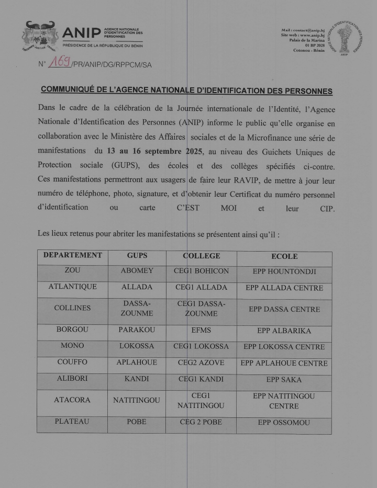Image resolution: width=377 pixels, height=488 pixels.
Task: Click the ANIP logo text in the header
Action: [x=82, y=33]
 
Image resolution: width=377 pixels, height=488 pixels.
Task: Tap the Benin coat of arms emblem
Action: [x=40, y=36]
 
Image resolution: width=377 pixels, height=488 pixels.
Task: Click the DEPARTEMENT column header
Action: [x=72, y=256]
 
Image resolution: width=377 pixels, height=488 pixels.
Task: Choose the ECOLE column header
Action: [x=284, y=256]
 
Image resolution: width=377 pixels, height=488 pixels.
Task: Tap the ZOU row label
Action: [x=72, y=271]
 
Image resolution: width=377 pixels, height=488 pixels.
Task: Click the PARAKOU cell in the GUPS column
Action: [x=137, y=331]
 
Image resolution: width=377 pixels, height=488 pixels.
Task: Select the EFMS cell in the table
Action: [x=202, y=331]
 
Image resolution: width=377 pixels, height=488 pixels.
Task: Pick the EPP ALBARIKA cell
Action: [x=284, y=331]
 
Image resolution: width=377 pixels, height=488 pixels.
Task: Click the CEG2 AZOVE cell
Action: [x=202, y=362]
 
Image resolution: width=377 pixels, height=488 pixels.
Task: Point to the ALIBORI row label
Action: [x=72, y=379]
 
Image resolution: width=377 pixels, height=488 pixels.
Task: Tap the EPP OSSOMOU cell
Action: [x=284, y=422]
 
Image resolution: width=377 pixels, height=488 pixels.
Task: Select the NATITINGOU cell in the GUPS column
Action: [x=137, y=400]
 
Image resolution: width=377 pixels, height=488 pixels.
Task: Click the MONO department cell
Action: [x=72, y=346]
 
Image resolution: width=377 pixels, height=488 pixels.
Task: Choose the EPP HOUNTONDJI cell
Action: [x=284, y=271]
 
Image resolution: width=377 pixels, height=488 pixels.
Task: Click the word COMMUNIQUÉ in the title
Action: [x=71, y=90]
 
